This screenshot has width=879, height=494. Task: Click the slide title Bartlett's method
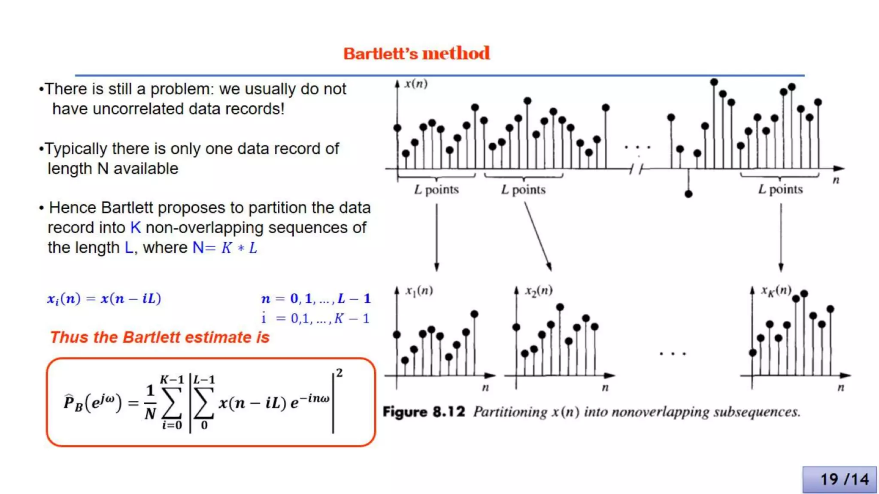(416, 54)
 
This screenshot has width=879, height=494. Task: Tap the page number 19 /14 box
(840, 479)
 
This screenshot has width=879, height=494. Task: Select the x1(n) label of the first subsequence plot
(419, 291)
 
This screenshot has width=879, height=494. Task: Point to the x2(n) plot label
(539, 291)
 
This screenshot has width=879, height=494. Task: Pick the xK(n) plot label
(776, 291)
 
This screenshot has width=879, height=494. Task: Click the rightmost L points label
(780, 189)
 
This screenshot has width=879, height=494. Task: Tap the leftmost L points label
(436, 190)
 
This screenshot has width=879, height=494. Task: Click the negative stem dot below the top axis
(688, 194)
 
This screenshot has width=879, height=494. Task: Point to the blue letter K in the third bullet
(135, 227)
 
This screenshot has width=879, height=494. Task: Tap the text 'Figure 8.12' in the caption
(424, 412)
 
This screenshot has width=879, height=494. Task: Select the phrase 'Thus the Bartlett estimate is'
(160, 337)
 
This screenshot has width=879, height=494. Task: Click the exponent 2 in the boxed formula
(339, 373)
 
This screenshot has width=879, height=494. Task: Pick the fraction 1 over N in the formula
(150, 402)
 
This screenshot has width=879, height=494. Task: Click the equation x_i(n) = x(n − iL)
(104, 298)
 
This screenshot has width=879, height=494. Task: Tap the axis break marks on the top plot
(636, 169)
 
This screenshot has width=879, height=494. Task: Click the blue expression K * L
(239, 248)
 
